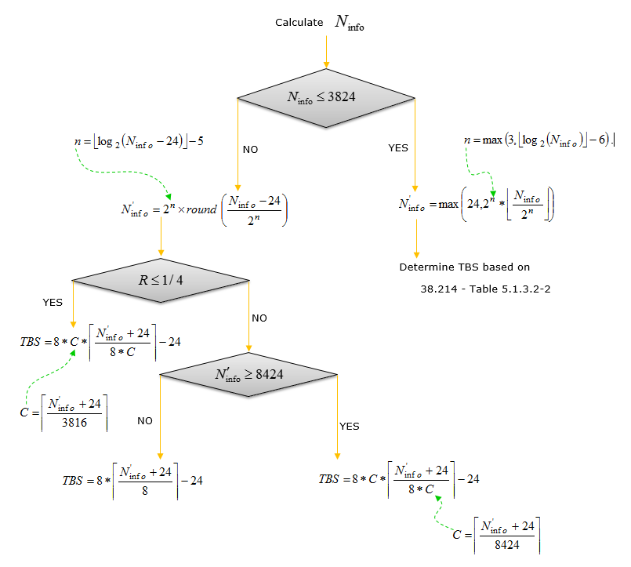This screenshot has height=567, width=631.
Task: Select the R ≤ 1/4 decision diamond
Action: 160,279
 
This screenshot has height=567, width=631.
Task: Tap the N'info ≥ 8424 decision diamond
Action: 249,374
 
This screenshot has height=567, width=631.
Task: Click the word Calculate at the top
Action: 299,23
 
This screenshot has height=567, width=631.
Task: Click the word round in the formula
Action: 201,210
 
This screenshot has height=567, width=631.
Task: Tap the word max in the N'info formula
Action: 448,205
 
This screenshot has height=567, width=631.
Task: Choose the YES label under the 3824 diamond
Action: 398,147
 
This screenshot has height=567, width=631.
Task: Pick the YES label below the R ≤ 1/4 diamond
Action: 53,301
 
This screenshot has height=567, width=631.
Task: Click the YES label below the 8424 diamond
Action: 349,426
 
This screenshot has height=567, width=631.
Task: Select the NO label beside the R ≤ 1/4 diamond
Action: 260,318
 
